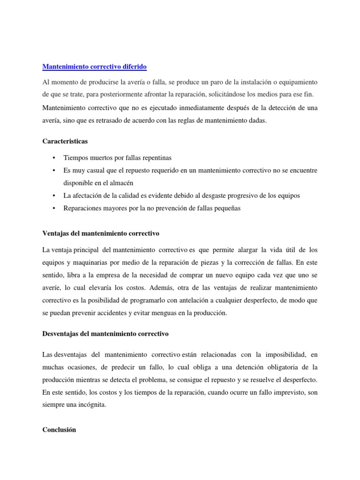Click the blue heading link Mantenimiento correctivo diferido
pos(95,67)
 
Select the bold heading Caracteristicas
pos(65,141)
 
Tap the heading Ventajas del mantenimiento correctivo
pos(101,233)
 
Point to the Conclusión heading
pos(59,429)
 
